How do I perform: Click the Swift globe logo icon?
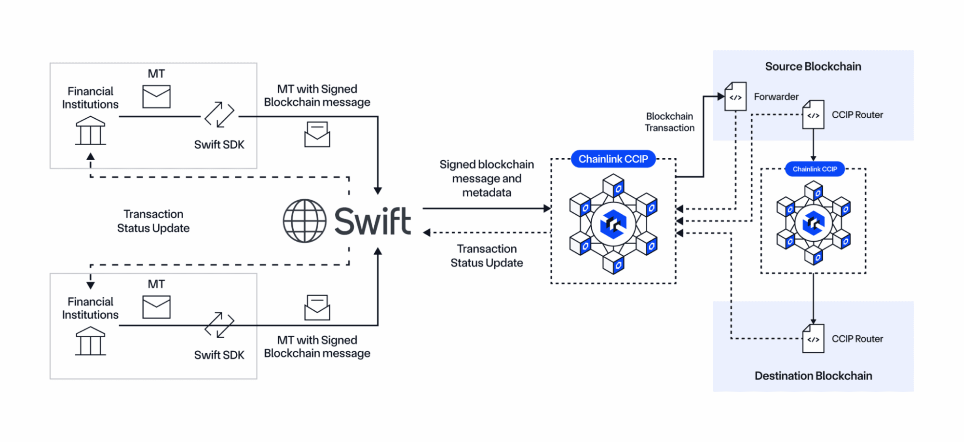coord(304,221)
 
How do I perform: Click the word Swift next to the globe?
coord(372,221)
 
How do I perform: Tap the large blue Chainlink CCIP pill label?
coord(613,159)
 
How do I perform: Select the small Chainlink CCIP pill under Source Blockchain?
coord(815,169)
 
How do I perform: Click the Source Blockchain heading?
coord(813,67)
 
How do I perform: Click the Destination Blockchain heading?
coord(813,376)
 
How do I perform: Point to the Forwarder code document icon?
coord(735,97)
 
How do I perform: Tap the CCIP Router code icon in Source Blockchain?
coord(813,115)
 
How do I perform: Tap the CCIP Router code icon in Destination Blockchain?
coord(813,339)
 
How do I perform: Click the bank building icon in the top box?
coord(90,131)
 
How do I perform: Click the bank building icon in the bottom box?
coord(90,341)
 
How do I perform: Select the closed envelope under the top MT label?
coord(156,97)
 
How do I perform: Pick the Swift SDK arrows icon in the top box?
coord(219,115)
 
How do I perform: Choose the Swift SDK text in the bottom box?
coord(219,355)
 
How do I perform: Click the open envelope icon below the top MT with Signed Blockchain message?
coord(317,134)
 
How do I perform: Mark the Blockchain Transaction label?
coord(669,122)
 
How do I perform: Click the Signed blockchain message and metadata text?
coord(487,179)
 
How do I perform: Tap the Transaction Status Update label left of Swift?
coord(153,221)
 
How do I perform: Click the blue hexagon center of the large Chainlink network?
coord(613,224)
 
